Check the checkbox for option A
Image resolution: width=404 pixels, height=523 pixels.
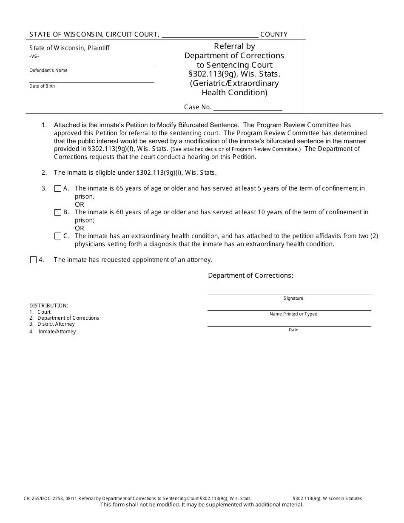(x=58, y=189)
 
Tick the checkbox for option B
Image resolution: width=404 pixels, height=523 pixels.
(x=58, y=213)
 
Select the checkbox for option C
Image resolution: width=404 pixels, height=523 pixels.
(x=58, y=236)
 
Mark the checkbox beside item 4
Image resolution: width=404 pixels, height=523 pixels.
(x=33, y=260)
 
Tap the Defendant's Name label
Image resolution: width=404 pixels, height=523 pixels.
(x=48, y=71)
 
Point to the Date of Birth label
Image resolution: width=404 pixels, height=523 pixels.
(x=42, y=86)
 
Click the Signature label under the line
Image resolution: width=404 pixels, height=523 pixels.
(x=293, y=298)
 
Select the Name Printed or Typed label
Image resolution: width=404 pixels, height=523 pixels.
(x=293, y=314)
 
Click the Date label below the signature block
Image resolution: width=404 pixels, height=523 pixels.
(x=293, y=330)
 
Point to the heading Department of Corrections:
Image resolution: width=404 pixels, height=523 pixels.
(x=250, y=276)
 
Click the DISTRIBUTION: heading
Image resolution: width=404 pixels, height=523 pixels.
(x=48, y=306)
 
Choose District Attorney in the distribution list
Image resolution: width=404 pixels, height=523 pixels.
(x=56, y=324)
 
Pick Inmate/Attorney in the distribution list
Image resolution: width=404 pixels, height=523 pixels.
(x=57, y=332)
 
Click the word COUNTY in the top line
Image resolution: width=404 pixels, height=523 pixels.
(x=274, y=34)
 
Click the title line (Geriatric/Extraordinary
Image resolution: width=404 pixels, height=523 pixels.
(x=234, y=83)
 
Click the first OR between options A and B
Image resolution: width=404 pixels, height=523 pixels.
(x=80, y=205)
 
